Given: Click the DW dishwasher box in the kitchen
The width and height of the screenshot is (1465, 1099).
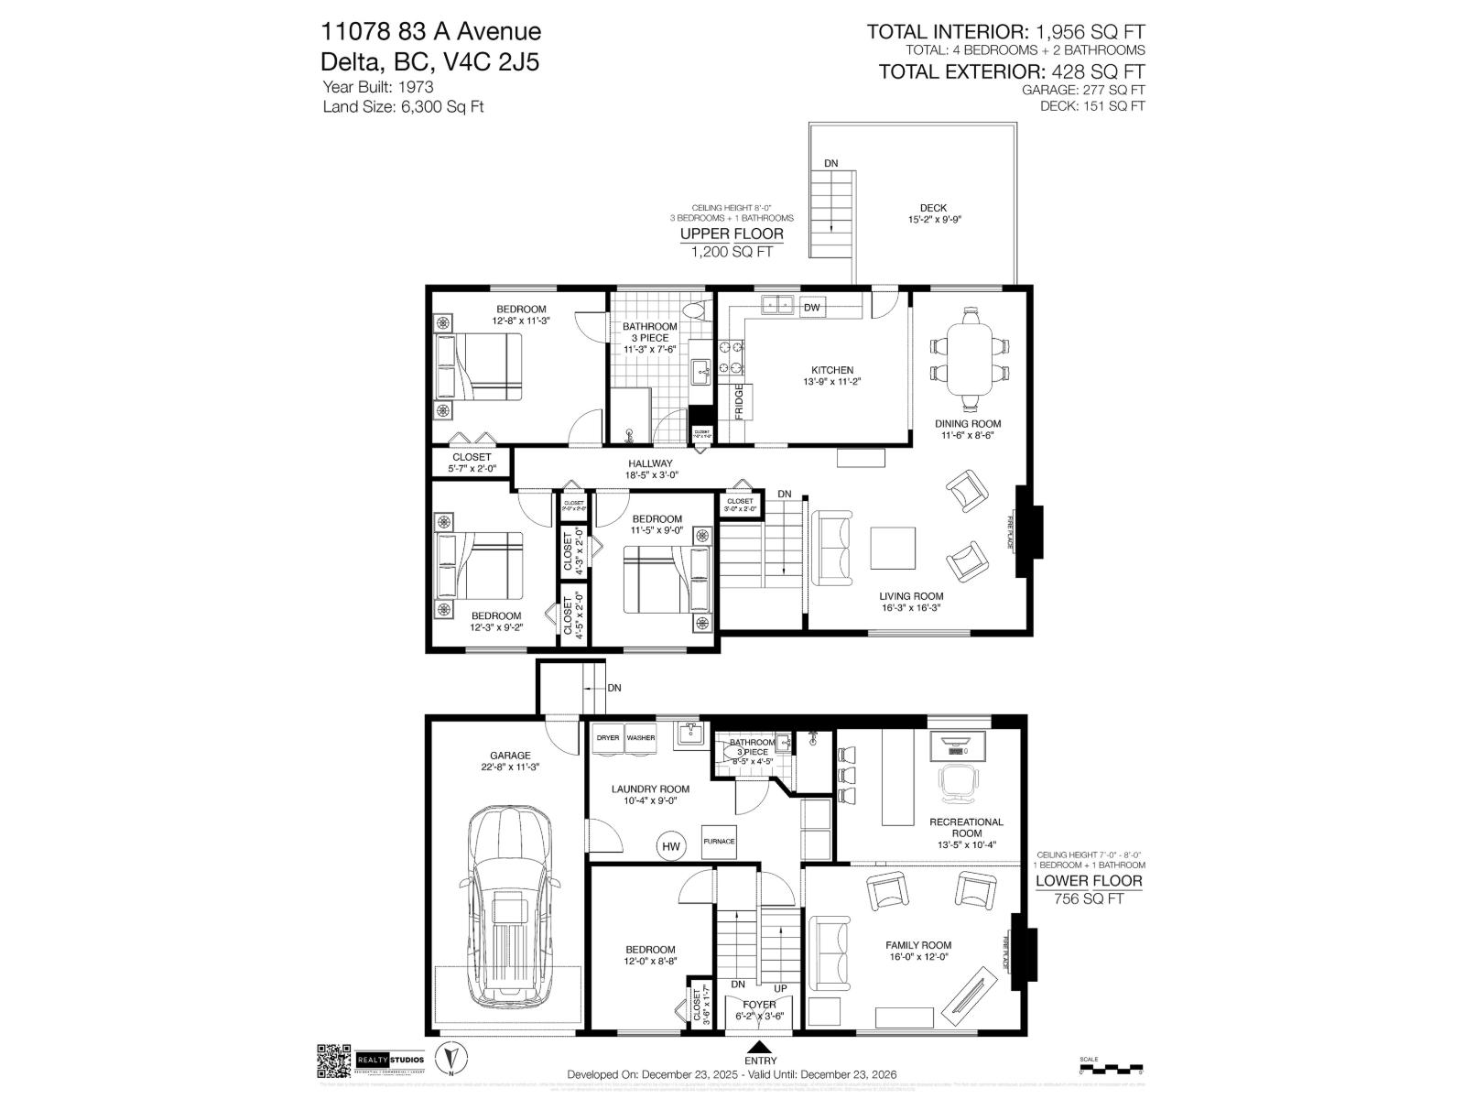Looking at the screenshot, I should click(x=811, y=308).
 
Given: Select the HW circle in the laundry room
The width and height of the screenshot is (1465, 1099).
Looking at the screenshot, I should click(x=671, y=847).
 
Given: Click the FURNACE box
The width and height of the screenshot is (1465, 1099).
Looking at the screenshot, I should click(x=719, y=841).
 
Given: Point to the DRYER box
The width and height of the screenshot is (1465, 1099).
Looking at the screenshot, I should click(x=608, y=737).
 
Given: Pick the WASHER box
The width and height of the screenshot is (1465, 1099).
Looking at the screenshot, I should click(x=641, y=737).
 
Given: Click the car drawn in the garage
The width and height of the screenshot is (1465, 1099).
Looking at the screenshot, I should click(x=509, y=905).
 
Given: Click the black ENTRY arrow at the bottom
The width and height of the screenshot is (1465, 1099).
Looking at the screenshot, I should click(x=760, y=1048).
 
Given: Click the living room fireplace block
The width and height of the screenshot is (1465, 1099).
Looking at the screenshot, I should click(x=1032, y=531).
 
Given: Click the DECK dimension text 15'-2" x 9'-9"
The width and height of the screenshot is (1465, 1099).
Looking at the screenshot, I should click(x=933, y=220).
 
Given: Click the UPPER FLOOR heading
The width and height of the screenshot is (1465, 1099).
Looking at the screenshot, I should click(x=731, y=234).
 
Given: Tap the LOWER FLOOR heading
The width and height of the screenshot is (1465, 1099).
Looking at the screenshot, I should click(x=1089, y=881).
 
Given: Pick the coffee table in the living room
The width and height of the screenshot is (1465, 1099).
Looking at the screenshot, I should click(x=893, y=548).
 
